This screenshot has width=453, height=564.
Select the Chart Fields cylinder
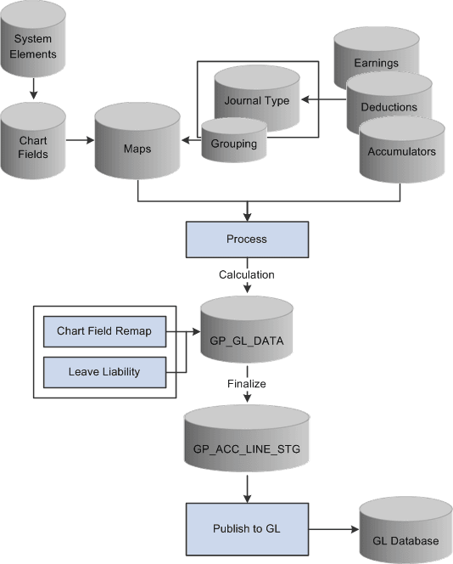[x=33, y=137]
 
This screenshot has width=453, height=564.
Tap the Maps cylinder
[x=137, y=144]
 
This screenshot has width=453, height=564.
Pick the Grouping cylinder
[x=233, y=143]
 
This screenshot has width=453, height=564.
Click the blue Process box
[x=246, y=240]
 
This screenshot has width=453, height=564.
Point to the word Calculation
[x=246, y=274]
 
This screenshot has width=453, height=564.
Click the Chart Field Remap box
[x=103, y=330]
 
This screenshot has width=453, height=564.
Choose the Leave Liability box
[x=103, y=370]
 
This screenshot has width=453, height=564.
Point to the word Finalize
[x=246, y=384]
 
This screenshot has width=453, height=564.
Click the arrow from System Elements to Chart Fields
[x=33, y=88]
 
